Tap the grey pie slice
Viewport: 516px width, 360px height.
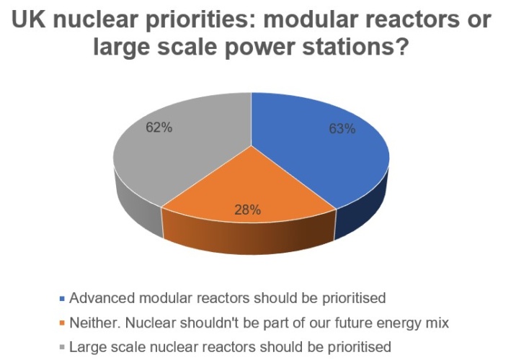click(178, 155)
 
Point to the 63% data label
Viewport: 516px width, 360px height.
click(342, 129)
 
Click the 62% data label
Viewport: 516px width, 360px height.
click(159, 127)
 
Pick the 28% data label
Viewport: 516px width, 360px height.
click(247, 210)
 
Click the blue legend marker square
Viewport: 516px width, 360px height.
click(62, 299)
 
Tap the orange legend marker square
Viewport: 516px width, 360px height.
click(62, 323)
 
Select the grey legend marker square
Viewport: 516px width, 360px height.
click(62, 348)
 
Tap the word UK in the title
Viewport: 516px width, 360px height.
click(29, 19)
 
